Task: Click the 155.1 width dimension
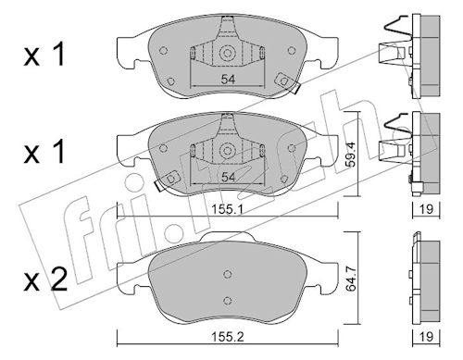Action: [228, 209]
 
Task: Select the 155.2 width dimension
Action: [228, 337]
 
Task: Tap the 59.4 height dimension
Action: [350, 155]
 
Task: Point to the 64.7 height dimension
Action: [351, 279]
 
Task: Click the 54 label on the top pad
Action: [228, 80]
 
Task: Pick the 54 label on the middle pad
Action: [228, 177]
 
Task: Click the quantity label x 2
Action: [45, 279]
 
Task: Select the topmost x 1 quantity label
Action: [44, 54]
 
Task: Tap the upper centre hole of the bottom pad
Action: [228, 274]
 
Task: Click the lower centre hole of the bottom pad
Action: [228, 301]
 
